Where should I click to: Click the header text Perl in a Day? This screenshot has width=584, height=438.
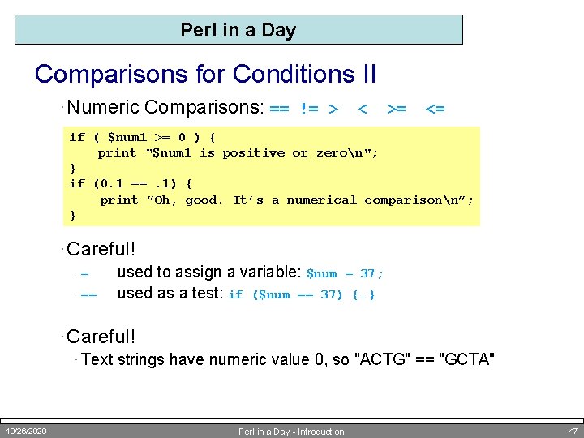[x=238, y=30]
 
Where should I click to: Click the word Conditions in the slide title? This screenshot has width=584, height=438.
[x=283, y=74]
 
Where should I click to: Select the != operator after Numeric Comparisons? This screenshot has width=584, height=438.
[x=309, y=109]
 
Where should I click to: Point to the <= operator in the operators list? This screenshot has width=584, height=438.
[x=435, y=109]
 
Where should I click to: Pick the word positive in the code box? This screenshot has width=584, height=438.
[x=253, y=152]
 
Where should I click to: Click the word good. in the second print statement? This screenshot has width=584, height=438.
[x=204, y=200]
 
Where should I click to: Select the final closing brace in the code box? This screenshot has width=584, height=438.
[x=73, y=215]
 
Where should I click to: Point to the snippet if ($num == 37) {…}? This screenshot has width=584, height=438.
[x=301, y=294]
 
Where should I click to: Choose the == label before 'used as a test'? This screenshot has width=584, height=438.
[x=88, y=294]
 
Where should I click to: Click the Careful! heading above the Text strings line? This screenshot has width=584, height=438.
[x=101, y=336]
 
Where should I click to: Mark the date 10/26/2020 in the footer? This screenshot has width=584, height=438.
[x=26, y=431]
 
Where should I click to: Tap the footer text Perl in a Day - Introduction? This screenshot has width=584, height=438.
[x=291, y=432]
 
